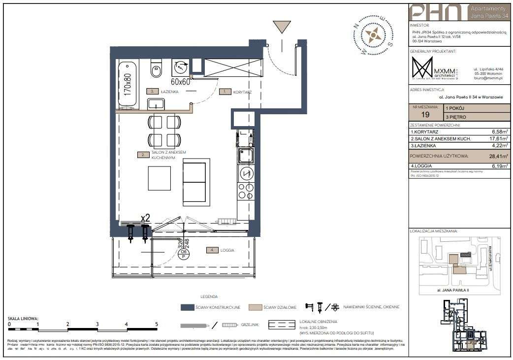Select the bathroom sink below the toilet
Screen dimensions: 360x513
click(x=157, y=104)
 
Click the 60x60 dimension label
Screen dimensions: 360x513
click(x=181, y=81)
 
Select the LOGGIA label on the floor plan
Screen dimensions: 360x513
click(x=227, y=250)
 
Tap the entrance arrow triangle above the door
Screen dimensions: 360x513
click(x=282, y=27)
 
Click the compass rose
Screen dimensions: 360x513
click(x=373, y=34)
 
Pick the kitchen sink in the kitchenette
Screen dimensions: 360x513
click(x=245, y=157)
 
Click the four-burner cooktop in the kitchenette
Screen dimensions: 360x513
click(x=245, y=190)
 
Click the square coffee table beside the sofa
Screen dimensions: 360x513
click(x=160, y=178)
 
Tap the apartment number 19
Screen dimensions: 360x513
click(x=425, y=114)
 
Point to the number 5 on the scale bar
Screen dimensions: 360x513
click(x=157, y=324)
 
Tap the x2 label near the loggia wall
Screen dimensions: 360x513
click(x=146, y=217)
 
